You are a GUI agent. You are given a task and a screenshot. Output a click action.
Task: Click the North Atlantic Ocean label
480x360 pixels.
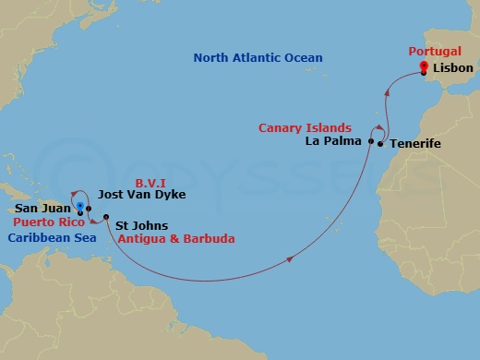[258, 58]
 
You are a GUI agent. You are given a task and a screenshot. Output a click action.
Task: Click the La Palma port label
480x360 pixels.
[336, 142]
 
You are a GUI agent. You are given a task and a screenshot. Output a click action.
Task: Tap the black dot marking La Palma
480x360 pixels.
[371, 142]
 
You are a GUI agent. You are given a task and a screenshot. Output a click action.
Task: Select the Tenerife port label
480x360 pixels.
[416, 145]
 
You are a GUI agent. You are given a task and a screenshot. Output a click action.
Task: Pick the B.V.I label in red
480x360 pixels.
[150, 182]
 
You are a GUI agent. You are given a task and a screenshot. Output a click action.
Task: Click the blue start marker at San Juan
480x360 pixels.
[81, 208]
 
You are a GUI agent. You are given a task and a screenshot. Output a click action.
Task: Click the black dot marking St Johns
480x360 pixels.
[105, 219]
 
